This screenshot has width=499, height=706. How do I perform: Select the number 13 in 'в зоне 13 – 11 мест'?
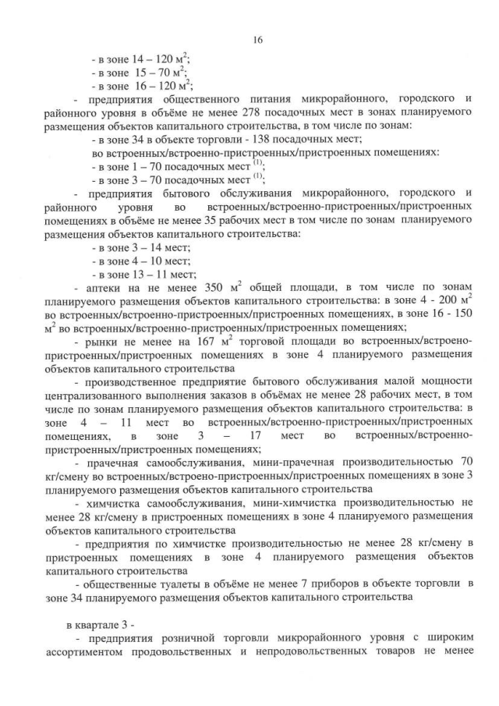[142, 274]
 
